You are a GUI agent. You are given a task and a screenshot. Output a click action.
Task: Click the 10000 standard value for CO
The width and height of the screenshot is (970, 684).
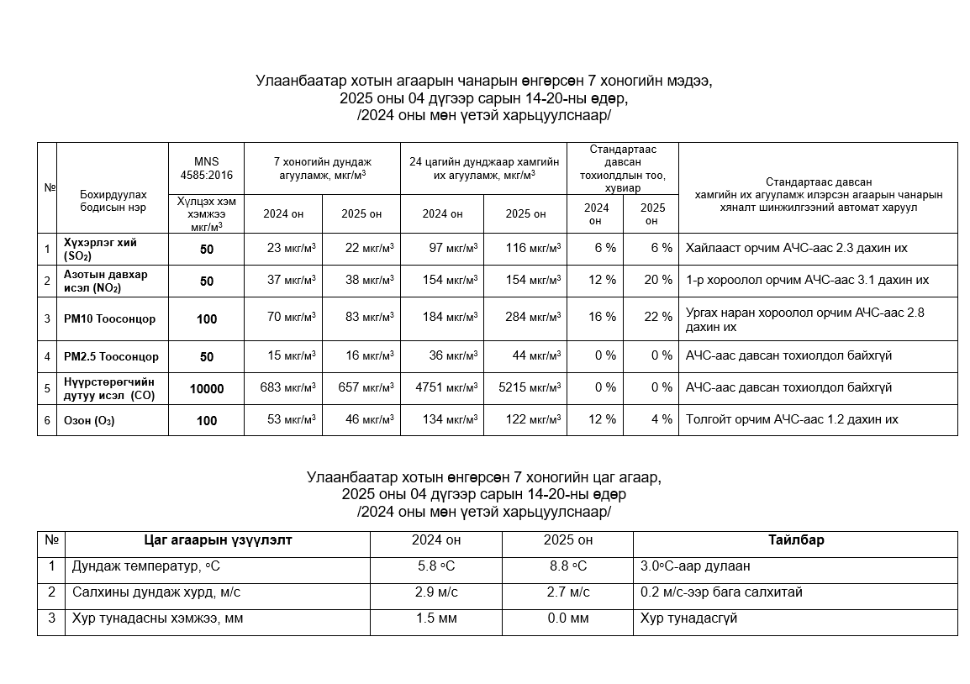207,389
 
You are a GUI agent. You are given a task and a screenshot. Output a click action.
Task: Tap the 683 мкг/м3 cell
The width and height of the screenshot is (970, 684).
283,388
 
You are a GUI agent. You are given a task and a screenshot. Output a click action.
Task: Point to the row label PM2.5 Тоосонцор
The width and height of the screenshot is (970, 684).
111,356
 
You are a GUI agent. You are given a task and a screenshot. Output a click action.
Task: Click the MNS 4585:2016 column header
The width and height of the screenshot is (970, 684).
207,169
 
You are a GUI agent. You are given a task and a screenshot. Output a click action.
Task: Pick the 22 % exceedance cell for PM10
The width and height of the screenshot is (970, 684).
651,318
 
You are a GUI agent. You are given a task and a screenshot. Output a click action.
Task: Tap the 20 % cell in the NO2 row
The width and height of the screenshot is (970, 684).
651,280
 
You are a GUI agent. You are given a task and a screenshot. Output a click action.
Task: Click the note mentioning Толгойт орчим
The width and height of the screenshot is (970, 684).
792,419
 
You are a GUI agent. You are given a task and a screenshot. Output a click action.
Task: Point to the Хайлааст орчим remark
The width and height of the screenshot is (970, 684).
796,248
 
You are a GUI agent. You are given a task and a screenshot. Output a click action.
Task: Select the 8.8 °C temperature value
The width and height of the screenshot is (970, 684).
568,567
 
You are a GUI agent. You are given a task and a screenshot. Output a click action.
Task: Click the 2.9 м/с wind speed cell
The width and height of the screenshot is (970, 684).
437,592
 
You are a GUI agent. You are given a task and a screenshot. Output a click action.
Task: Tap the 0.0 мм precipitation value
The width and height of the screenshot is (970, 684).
568,619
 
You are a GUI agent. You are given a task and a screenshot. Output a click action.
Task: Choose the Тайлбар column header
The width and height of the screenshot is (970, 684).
795,540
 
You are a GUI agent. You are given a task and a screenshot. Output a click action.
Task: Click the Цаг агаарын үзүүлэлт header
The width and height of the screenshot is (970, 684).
218,540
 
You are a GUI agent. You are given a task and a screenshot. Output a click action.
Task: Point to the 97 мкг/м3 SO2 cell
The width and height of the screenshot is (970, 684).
442,248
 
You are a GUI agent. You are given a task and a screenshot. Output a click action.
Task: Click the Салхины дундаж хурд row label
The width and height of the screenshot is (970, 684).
156,592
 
